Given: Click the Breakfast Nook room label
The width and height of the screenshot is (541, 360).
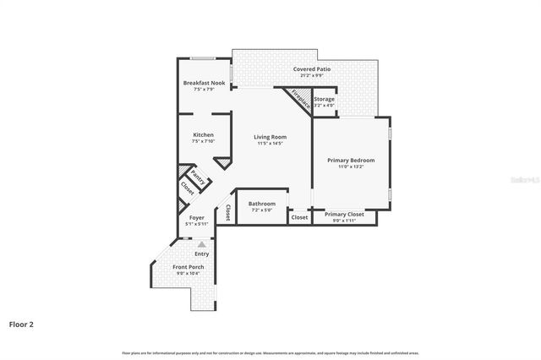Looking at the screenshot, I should pyautogui.click(x=204, y=83).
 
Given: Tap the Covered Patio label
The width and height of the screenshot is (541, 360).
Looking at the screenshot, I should pyautogui.click(x=312, y=68).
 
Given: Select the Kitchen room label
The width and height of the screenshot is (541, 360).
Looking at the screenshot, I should pyautogui.click(x=203, y=135).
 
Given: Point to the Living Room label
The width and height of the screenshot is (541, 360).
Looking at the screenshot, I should pyautogui.click(x=270, y=137).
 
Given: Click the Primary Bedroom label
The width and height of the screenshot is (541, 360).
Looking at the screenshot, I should pyautogui.click(x=351, y=160).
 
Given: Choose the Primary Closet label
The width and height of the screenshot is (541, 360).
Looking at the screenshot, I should pyautogui.click(x=345, y=214).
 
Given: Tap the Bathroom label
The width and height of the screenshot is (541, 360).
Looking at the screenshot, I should pyautogui.click(x=261, y=204).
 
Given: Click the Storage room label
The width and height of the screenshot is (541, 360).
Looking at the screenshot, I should pyautogui.click(x=324, y=100).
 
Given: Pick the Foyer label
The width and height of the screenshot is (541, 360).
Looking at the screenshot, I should pyautogui.click(x=196, y=217).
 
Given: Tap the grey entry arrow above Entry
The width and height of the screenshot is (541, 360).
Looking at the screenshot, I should pyautogui.click(x=201, y=244).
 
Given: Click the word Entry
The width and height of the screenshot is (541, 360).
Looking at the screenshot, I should pyautogui.click(x=201, y=254).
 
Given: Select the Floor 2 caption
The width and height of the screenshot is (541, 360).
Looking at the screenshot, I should pyautogui.click(x=21, y=324).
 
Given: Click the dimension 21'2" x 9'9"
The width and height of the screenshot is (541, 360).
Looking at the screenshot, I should pyautogui.click(x=312, y=75).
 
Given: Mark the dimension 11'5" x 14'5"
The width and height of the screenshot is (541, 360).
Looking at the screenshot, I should pyautogui.click(x=270, y=144).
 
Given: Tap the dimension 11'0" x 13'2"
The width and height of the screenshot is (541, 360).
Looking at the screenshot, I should pyautogui.click(x=351, y=166).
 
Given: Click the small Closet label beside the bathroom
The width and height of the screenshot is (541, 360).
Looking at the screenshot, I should pyautogui.click(x=299, y=217).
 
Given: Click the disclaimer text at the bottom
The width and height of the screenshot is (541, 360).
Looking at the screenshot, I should pyautogui.click(x=270, y=352).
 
